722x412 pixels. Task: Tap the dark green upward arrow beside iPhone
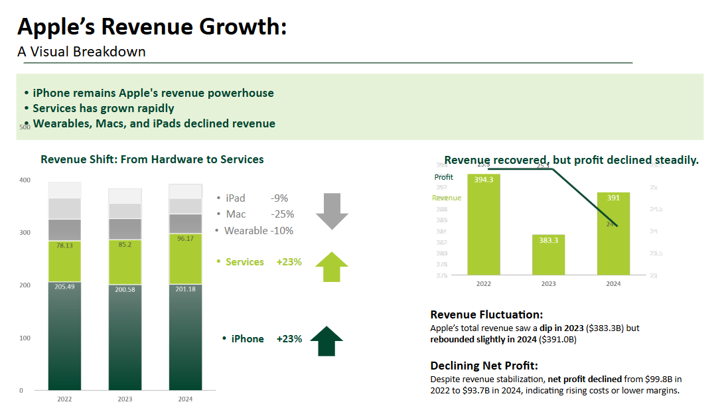[326, 341]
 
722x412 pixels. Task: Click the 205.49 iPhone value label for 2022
[64, 286]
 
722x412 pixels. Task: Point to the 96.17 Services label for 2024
[186, 238]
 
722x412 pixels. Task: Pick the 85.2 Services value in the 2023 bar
[125, 244]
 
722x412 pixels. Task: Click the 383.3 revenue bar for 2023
[549, 255]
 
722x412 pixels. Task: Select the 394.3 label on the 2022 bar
[484, 180]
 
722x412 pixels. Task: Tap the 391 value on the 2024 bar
[613, 198]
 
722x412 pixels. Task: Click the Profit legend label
[444, 177]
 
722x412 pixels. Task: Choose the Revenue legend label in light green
[446, 198]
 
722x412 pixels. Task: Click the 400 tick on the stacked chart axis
[25, 180]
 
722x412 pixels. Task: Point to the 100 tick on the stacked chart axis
[25, 338]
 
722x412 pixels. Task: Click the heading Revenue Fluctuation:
[486, 314]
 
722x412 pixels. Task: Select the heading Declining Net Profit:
[484, 366]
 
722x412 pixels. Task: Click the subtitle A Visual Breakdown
[82, 52]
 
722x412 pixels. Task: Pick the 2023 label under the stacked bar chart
[125, 399]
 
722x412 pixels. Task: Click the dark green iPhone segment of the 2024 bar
[186, 338]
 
